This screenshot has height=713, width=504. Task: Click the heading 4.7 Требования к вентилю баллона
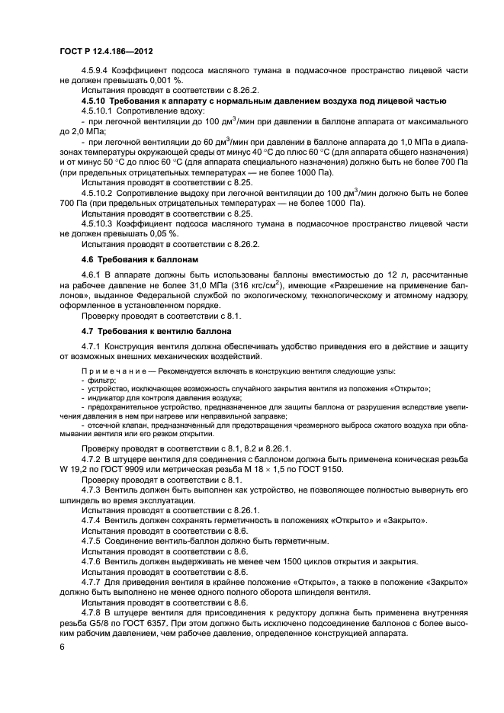click(x=152, y=332)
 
